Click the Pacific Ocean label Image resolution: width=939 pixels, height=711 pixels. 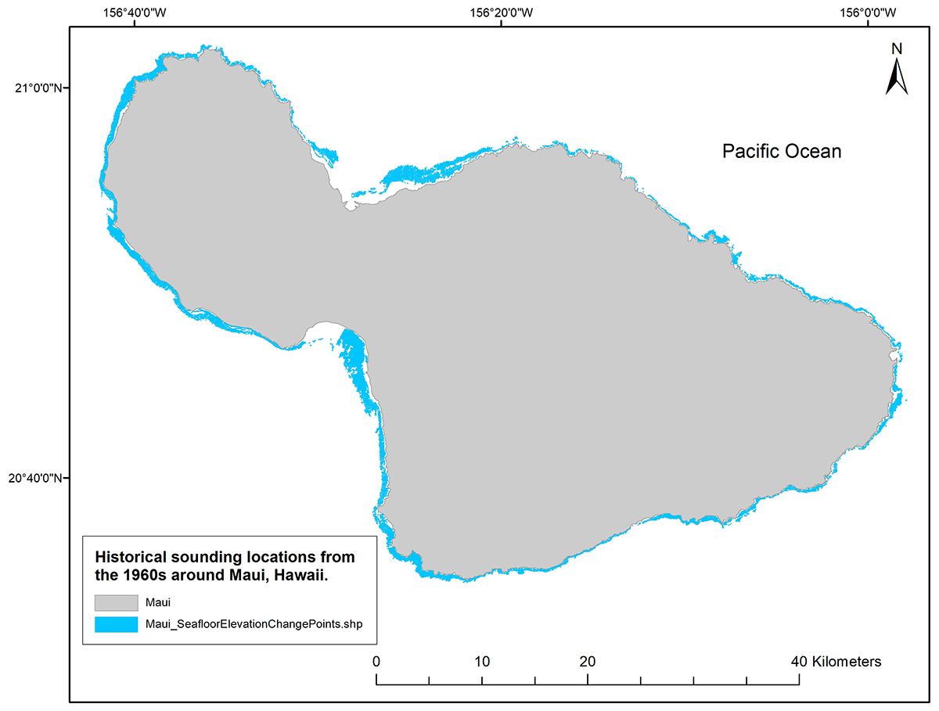(x=781, y=151)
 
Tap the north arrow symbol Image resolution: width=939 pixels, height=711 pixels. (x=897, y=77)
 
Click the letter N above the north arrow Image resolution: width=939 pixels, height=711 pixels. (x=898, y=48)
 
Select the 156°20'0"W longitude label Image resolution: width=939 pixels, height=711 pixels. (x=502, y=13)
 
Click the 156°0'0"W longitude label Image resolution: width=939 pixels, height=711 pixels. (x=868, y=13)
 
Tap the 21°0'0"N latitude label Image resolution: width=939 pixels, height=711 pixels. (x=38, y=88)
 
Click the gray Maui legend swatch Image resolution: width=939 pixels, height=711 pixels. (x=117, y=603)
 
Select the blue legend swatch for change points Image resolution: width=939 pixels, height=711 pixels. (x=117, y=624)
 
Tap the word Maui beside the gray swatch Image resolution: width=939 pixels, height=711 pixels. (x=157, y=603)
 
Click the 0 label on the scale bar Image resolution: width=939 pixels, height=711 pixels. (x=377, y=661)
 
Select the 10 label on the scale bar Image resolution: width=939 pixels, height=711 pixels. (x=482, y=661)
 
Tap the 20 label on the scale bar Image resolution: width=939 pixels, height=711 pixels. (x=588, y=661)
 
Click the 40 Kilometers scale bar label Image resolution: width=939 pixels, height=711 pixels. (x=836, y=661)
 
